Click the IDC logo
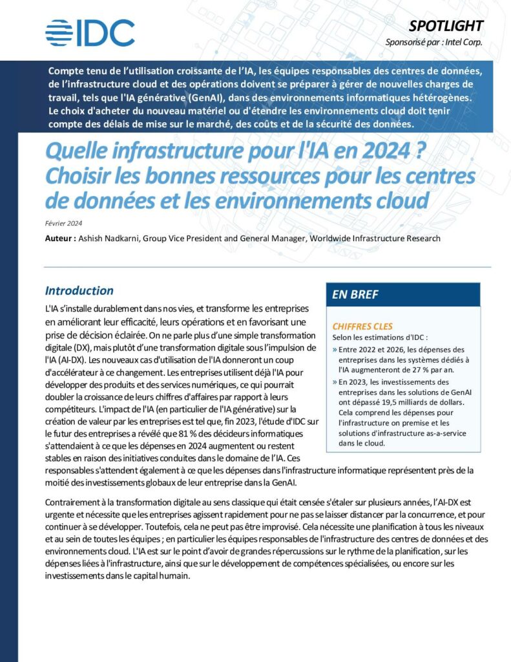click(x=90, y=32)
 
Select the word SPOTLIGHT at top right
click(x=446, y=26)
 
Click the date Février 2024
click(x=63, y=224)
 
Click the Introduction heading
click(x=79, y=291)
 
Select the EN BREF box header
click(x=355, y=295)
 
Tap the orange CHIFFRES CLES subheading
click(x=362, y=326)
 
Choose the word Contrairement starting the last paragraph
click(x=75, y=502)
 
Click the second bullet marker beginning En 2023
click(x=334, y=381)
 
